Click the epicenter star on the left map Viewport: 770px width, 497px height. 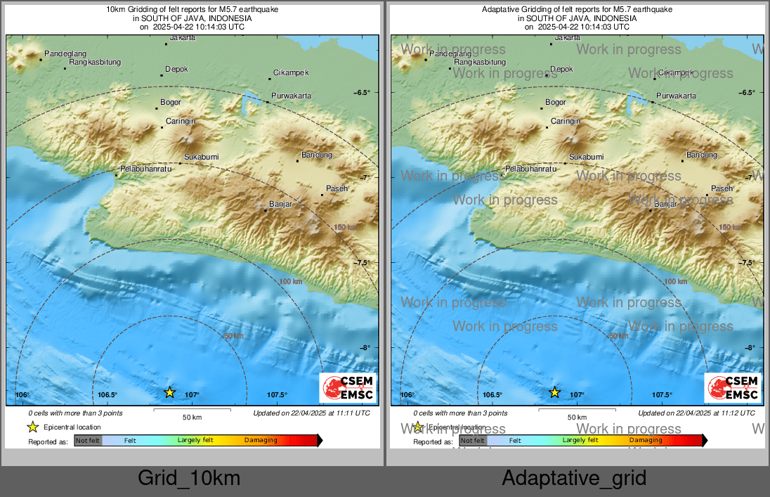(x=169, y=392)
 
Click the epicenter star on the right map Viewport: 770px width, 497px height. (x=554, y=392)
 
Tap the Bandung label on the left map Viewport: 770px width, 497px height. (x=316, y=155)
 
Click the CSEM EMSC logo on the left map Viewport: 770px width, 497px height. (x=348, y=388)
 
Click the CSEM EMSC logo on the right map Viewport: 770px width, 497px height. (x=733, y=388)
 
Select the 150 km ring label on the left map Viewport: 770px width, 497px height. (x=346, y=227)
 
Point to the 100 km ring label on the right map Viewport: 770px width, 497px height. (x=675, y=281)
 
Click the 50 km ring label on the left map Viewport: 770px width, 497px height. (x=234, y=336)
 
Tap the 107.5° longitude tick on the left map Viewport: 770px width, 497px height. (x=277, y=395)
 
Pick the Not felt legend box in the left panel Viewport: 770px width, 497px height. (x=88, y=441)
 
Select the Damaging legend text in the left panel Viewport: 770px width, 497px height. (x=261, y=441)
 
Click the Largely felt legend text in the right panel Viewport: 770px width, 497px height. (x=580, y=441)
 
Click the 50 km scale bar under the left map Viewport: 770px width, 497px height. (x=192, y=410)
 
